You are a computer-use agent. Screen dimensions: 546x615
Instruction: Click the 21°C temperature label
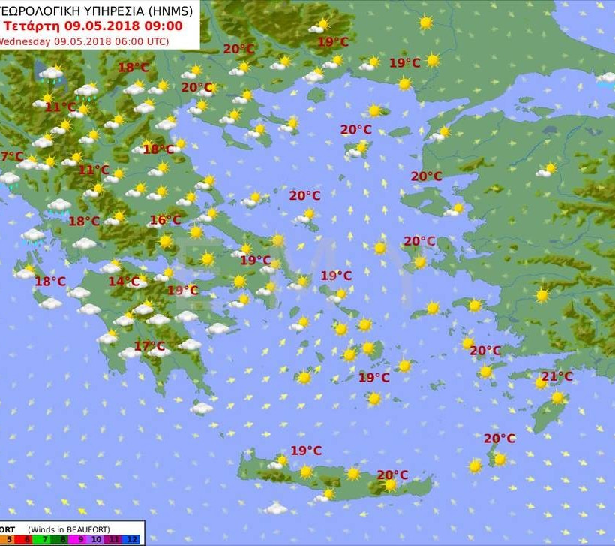pos(557,376)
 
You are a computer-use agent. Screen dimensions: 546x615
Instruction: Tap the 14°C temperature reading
pos(124,282)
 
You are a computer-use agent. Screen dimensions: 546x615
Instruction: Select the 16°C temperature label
pos(165,220)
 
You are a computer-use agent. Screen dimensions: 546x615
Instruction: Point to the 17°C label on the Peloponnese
pos(149,346)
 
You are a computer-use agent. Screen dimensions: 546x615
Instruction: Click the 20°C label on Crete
pos(392,475)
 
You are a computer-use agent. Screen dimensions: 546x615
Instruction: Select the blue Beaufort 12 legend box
pos(132,539)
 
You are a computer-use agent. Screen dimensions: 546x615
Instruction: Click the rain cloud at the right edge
pos(605,79)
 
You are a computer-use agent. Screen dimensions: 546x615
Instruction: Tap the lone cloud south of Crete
pos(276,509)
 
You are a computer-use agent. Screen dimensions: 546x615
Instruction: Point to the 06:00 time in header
pos(124,41)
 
